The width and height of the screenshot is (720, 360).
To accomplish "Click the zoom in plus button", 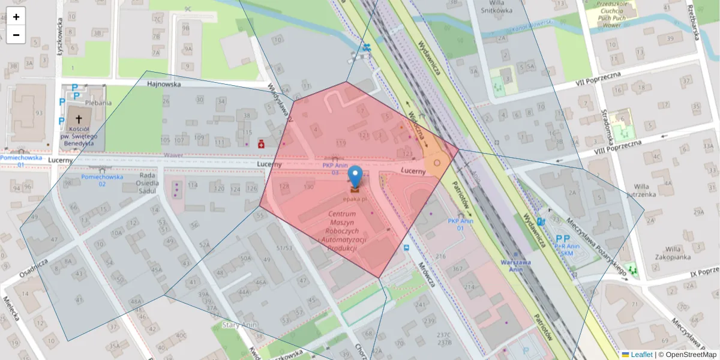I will pos(16,17).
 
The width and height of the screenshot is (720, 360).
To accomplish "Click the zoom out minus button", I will pos(16,35).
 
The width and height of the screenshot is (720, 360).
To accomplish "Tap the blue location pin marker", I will pos(355,176).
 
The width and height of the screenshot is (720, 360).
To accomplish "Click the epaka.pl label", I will pos(355,198).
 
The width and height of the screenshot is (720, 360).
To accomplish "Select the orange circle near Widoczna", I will pos(437,163).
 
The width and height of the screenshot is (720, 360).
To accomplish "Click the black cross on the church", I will pos(78,120).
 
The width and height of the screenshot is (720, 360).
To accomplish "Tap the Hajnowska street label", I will pos(164,85).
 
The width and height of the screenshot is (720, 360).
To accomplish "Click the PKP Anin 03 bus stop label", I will pos(335,169).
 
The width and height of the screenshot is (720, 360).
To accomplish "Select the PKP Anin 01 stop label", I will pos(460,224).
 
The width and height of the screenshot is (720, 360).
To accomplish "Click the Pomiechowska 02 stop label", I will pos(102,180).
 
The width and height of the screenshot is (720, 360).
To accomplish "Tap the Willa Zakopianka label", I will pos(674,253).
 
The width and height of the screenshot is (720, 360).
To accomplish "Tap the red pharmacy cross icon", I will pos(261,144).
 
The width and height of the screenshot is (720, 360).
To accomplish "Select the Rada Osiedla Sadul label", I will pos(147,184).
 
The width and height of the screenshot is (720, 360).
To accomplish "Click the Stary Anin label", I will pos(240,325).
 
